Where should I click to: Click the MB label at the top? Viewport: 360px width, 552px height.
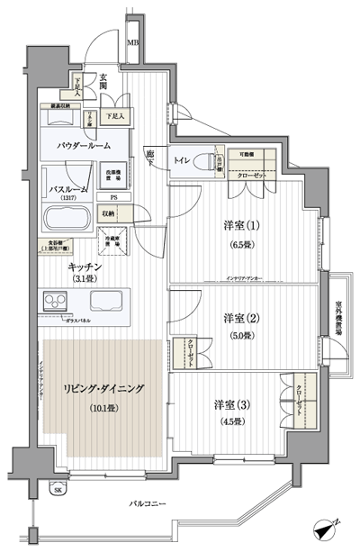132,42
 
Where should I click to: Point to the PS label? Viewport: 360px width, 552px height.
114,196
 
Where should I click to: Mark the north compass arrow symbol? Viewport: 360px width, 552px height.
329,530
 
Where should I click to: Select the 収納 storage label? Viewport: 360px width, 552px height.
109,213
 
